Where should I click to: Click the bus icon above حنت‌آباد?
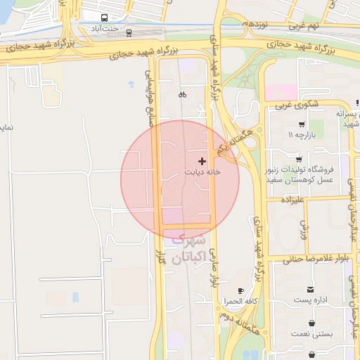pyautogui.click(x=105, y=18)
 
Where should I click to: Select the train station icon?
pyautogui.click(x=129, y=32)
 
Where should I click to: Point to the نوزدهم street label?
pyautogui.click(x=255, y=24)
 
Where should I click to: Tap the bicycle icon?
pyautogui.click(x=182, y=94)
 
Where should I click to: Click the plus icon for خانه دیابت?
pyautogui.click(x=202, y=161)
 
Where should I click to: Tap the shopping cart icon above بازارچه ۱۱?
pyautogui.click(x=292, y=124)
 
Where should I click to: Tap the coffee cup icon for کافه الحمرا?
pyautogui.click(x=240, y=290)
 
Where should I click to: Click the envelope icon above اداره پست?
pyautogui.click(x=310, y=290)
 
